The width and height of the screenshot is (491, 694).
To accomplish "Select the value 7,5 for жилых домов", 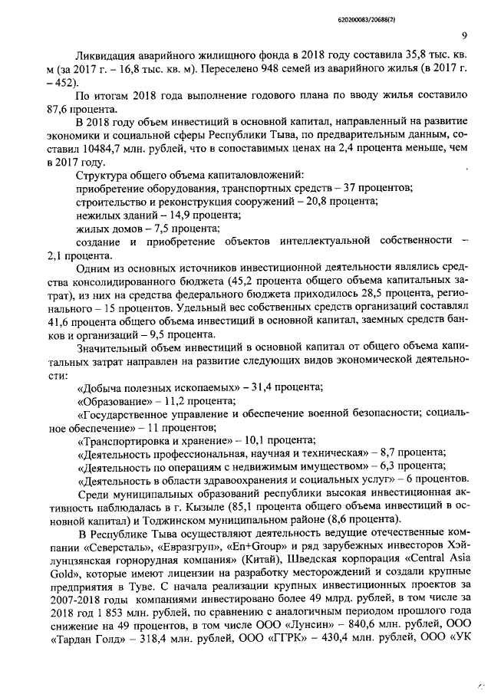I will [x=175, y=229].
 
